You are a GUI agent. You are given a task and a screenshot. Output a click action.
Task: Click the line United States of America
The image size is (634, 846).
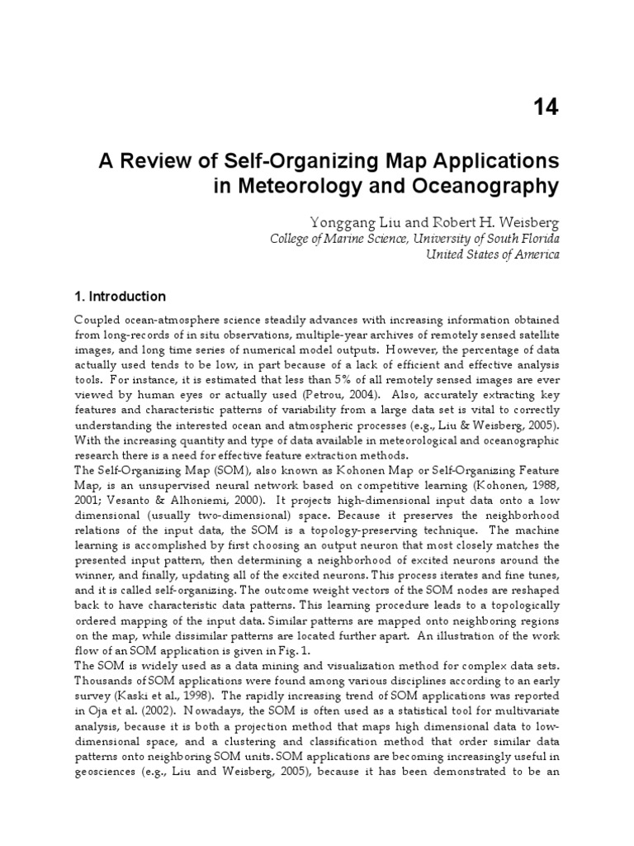[492, 254]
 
